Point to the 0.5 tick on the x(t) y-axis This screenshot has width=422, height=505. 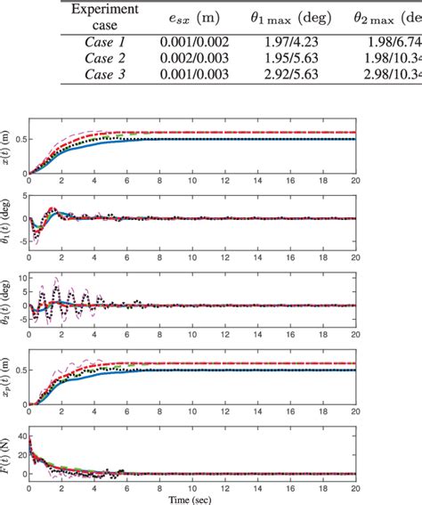tap(20, 139)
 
